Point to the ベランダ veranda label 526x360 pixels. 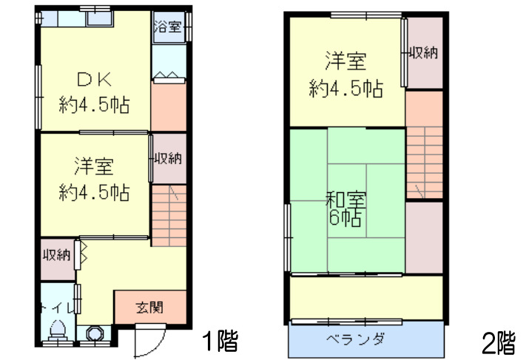pos(355,340)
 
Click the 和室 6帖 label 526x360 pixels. pos(345,208)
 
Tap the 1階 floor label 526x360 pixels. pos(220,341)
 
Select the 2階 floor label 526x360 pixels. pos(498,342)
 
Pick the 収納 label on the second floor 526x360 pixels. pos(424,52)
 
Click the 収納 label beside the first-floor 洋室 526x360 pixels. pos(169,157)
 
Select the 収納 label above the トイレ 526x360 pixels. pos(56,255)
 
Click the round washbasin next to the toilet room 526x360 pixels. pos(95,333)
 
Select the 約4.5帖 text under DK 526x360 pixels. pos(94,105)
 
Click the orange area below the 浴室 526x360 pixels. pos(169,107)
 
